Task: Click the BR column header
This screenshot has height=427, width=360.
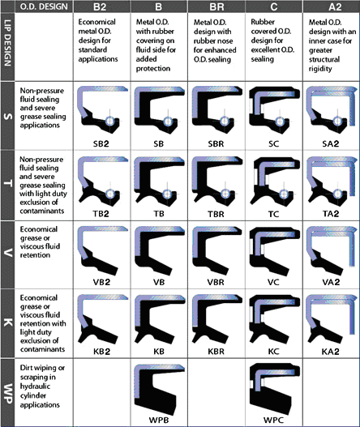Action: tap(216, 6)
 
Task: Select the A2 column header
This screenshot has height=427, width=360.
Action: tap(335, 6)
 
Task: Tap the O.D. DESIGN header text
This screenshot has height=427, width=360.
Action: tap(44, 6)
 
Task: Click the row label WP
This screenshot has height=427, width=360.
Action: tap(8, 393)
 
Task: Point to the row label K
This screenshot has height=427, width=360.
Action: tap(8, 323)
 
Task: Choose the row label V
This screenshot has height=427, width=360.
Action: tap(8, 254)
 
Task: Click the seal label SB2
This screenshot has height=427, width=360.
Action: tap(101, 143)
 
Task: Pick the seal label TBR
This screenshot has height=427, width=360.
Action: tap(216, 214)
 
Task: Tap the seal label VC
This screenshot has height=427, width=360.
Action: tap(273, 282)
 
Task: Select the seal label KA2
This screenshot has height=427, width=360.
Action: tap(331, 352)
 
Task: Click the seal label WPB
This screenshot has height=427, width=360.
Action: tap(159, 420)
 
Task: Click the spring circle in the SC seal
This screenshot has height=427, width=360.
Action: tap(280, 122)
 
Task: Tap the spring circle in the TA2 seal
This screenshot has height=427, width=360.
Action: tap(337, 194)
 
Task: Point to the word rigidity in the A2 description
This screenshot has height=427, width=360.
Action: tap(320, 69)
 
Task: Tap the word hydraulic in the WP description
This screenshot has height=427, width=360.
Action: tap(35, 386)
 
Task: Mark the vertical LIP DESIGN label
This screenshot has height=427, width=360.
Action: tap(8, 43)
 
